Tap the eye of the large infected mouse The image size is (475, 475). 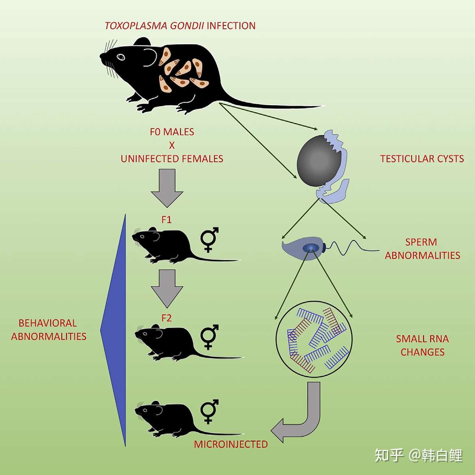point(120,57)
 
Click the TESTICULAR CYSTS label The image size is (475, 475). point(422,159)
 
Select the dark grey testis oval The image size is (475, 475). point(319,160)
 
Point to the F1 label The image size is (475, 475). point(166,220)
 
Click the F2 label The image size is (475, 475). point(166,318)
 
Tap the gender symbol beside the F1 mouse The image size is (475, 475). point(209,239)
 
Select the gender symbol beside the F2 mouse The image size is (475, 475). point(209,337)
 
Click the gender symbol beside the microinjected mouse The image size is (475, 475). point(209,411)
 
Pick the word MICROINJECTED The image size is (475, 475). point(231,444)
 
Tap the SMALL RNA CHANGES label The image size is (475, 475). point(422,345)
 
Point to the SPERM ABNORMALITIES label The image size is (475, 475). point(422,248)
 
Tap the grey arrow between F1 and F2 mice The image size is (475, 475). point(167,287)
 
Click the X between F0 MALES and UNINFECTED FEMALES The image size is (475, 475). point(172,145)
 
